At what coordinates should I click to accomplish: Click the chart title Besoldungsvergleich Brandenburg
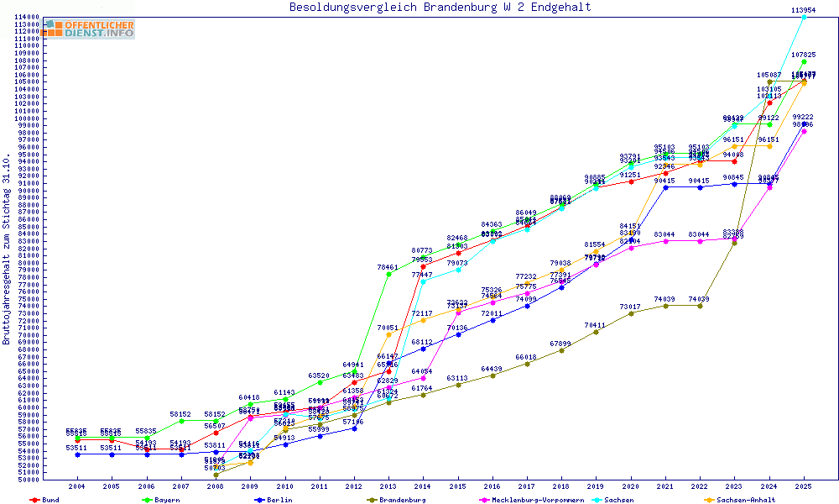coord(440,8)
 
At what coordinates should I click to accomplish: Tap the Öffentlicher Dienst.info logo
coord(89,29)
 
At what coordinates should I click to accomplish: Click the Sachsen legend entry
coord(613,500)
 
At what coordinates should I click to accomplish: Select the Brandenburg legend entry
coord(402,500)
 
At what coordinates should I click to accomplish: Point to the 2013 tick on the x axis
coord(388,486)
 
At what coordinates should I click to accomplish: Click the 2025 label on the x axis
coord(804,486)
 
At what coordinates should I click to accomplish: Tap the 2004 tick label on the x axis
coord(77,486)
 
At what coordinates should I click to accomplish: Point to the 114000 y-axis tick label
coord(29,17)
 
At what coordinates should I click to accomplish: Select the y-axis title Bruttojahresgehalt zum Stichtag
coord(8,249)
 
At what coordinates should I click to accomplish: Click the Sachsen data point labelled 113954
coord(804,17)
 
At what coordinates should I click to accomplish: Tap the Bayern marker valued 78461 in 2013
coord(388,274)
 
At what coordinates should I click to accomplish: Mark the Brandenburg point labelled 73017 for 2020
coord(631,313)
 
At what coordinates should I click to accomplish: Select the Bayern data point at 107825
coord(804,61)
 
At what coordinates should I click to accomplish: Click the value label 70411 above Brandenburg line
coord(595,325)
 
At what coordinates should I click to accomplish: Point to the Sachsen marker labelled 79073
coord(458,270)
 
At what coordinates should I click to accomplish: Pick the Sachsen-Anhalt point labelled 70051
coord(388,334)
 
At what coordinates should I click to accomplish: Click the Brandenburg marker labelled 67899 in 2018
coord(561,350)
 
